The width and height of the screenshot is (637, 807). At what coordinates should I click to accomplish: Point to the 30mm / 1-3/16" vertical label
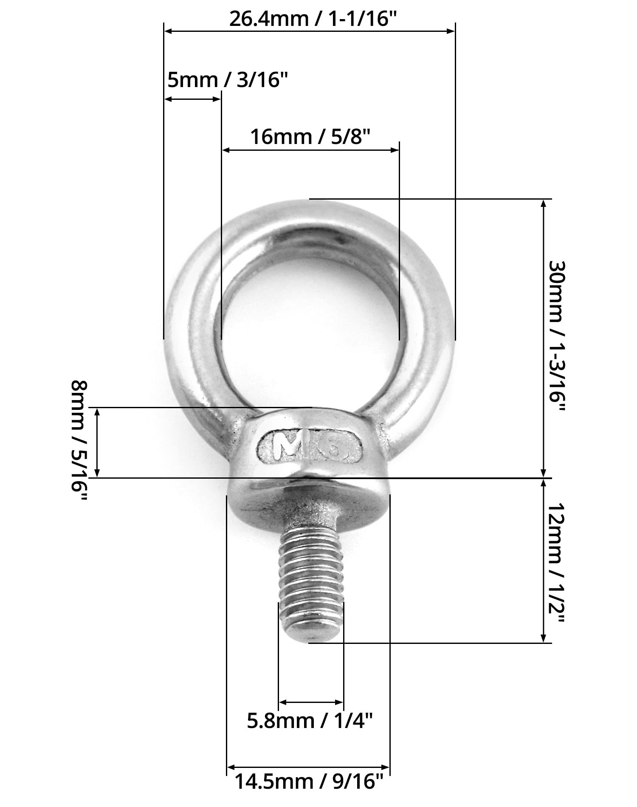pyautogui.click(x=557, y=337)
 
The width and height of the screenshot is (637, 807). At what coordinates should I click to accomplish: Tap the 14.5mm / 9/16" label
pyautogui.click(x=309, y=782)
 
